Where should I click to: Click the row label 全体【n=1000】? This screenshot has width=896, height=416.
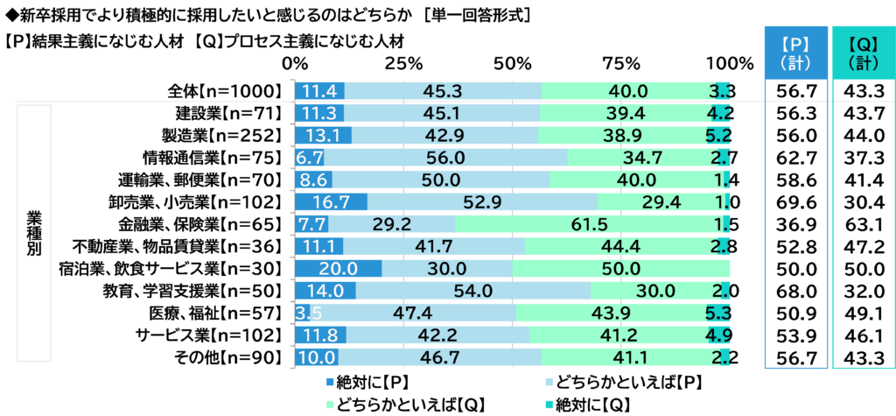pyautogui.click(x=227, y=90)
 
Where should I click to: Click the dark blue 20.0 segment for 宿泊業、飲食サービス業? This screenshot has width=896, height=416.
pyautogui.click(x=338, y=268)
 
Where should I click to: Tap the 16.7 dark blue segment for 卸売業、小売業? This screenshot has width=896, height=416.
pyautogui.click(x=331, y=201)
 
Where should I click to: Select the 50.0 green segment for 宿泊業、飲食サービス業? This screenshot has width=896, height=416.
pyautogui.click(x=620, y=268)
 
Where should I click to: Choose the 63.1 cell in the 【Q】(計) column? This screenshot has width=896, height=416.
pyautogui.click(x=863, y=224)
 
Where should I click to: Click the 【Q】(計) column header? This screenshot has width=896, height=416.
pyautogui.click(x=863, y=53)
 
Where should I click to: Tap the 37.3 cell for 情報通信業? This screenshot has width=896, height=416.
pyautogui.click(x=863, y=157)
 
